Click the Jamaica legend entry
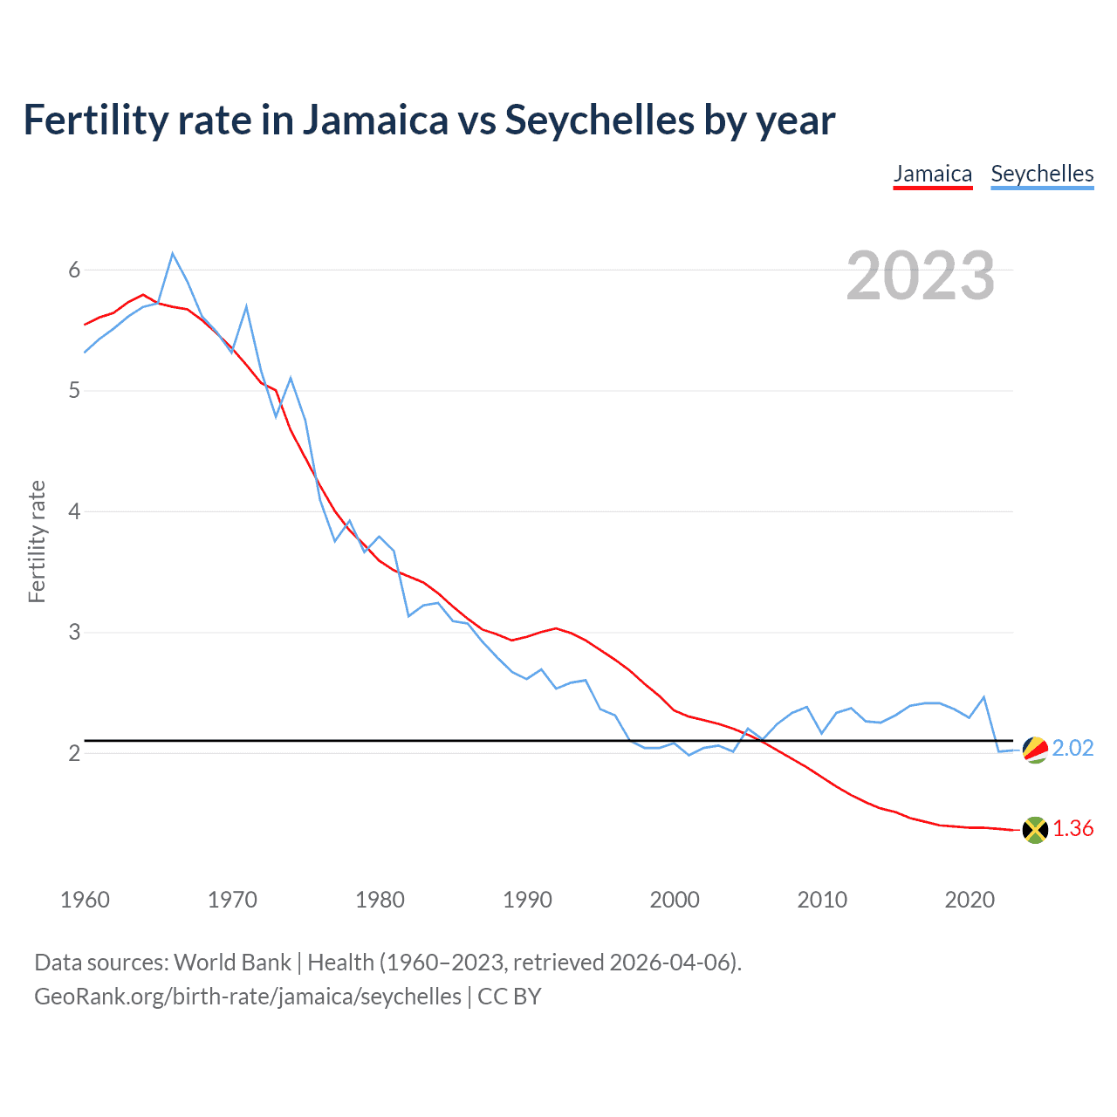(932, 174)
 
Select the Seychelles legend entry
(1042, 174)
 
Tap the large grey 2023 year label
(920, 276)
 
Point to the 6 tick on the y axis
(74, 270)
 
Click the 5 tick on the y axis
(74, 390)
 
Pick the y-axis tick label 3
(74, 632)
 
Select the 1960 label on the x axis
(85, 900)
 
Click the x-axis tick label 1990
(527, 900)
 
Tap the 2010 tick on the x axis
(822, 900)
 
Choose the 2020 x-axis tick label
(970, 900)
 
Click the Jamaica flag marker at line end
(1035, 830)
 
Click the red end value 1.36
(1072, 829)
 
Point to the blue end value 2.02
(1072, 749)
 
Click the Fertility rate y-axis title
(37, 541)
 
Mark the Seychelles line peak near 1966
(173, 254)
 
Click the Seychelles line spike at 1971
(247, 307)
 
